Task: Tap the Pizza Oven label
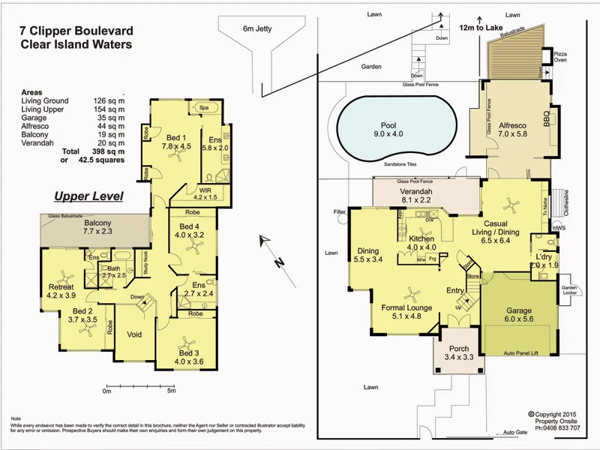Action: (x=560, y=58)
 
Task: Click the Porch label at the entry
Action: (x=458, y=349)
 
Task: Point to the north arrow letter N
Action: (x=276, y=262)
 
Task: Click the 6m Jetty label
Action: (x=258, y=29)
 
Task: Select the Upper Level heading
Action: (x=88, y=196)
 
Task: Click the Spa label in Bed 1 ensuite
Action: (x=203, y=108)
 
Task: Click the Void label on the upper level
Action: (x=135, y=334)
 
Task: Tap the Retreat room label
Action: (x=61, y=287)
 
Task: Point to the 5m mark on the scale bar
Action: (x=171, y=391)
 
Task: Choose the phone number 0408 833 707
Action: (x=558, y=428)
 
